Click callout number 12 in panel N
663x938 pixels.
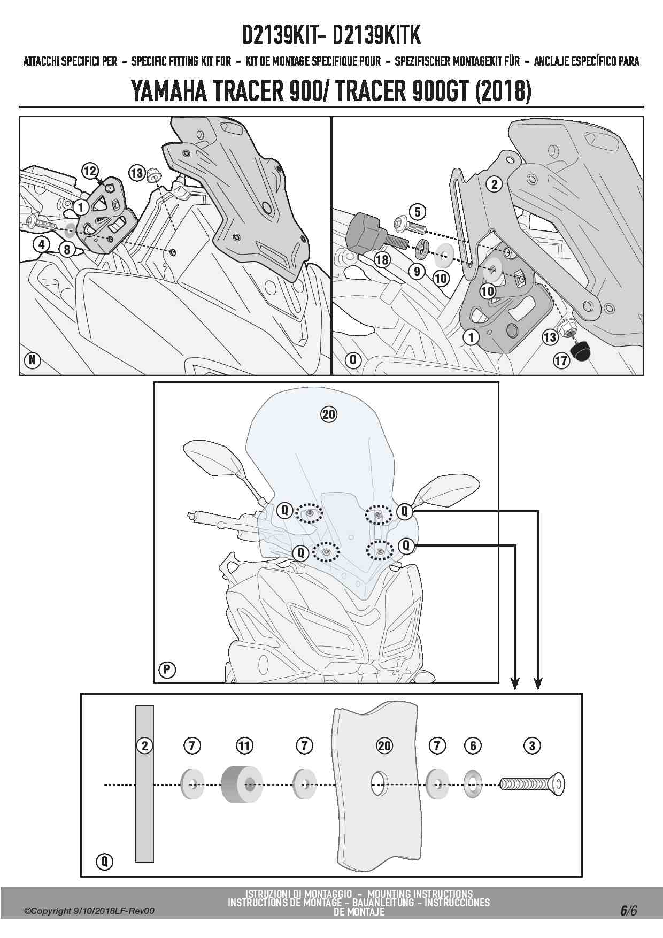(x=89, y=171)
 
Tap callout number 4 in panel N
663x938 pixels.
(x=41, y=244)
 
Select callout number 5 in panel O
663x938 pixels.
(x=417, y=212)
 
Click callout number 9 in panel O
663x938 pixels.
(x=417, y=271)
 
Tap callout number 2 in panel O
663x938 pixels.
(x=494, y=184)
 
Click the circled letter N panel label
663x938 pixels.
(x=33, y=360)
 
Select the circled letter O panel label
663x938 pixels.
(x=353, y=360)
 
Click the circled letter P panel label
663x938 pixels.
(x=167, y=670)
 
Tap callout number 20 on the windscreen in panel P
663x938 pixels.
(x=329, y=414)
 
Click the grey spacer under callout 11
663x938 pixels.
(x=242, y=785)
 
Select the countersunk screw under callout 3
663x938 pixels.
(x=532, y=785)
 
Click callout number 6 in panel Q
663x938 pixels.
(x=473, y=745)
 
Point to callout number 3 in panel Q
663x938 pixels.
(x=532, y=745)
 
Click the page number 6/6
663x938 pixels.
(x=628, y=910)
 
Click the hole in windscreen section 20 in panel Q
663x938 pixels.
(x=379, y=785)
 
